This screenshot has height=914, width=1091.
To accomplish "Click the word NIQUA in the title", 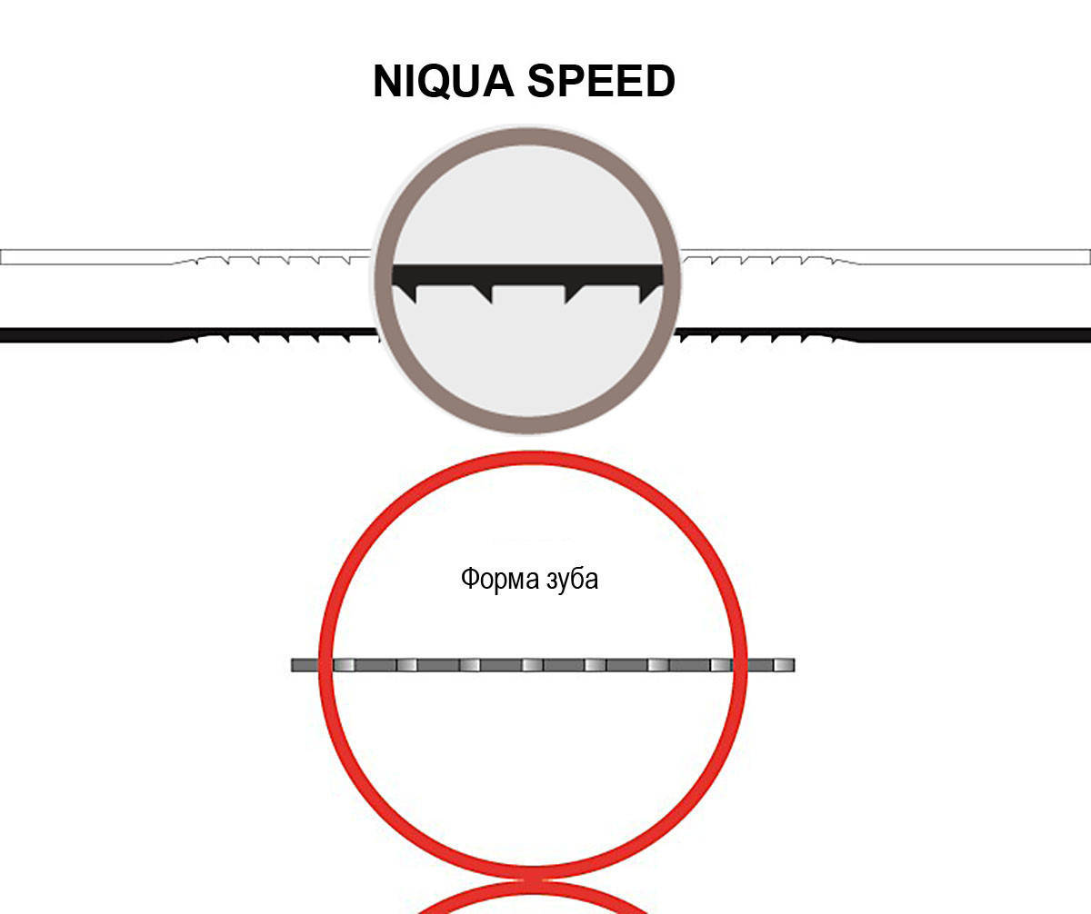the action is click(444, 81).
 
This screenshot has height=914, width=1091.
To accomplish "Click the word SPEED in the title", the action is click(601, 81).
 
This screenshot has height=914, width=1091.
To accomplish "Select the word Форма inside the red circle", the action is click(500, 580).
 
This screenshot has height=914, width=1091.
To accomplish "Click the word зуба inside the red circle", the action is click(572, 579).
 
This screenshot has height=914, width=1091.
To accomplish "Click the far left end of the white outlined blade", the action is click(2, 257).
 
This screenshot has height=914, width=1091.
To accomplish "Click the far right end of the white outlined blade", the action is click(1089, 257).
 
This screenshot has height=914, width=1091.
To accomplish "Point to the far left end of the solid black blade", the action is click(2, 335).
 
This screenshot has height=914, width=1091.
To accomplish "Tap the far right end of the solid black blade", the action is click(1089, 335).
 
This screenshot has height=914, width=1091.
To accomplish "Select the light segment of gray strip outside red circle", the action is click(784, 665).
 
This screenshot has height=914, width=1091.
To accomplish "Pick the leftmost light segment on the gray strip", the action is click(345, 665).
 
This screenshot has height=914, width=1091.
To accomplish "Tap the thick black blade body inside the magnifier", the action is click(527, 274).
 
